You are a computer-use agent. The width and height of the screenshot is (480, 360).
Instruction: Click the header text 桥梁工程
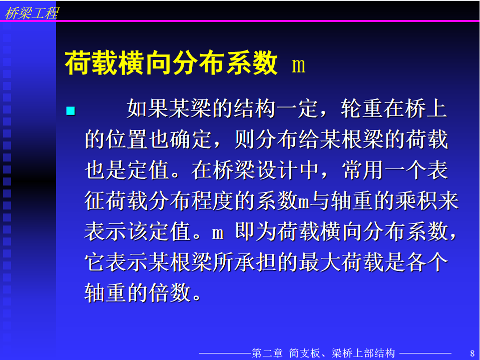pos(32,13)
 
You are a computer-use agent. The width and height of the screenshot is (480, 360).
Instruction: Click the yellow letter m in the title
pos(299,65)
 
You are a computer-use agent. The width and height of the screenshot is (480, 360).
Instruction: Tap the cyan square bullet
pos(71,110)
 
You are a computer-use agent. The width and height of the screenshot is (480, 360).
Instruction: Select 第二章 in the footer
pos(267,353)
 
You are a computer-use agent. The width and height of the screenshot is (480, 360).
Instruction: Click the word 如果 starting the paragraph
pos(148,108)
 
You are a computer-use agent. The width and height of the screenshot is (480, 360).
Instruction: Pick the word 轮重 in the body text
pos(361,108)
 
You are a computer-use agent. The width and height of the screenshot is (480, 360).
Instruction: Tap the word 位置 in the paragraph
pos(126,139)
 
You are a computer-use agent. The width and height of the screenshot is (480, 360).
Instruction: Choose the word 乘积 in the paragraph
pos(416,200)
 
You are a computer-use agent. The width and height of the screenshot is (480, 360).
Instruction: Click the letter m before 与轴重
pos(303,202)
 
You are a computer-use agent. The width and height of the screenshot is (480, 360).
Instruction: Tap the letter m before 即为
pos(218,233)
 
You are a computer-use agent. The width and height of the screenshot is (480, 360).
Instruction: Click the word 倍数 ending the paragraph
pos(169,292)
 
